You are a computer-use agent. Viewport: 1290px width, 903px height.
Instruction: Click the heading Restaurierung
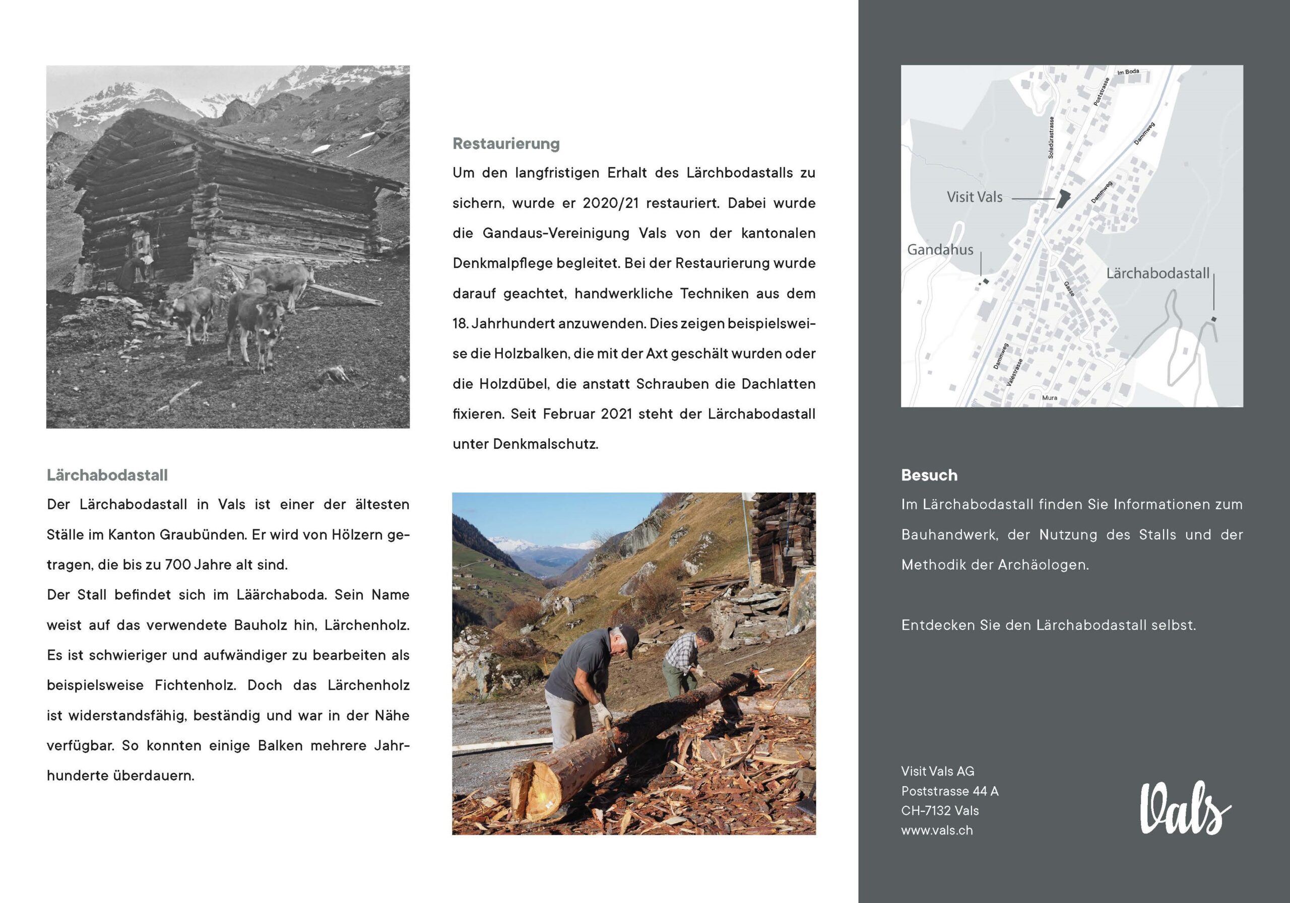coord(506,144)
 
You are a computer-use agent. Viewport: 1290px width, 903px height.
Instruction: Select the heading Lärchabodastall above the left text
coord(107,475)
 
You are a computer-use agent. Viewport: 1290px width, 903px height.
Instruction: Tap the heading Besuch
coord(929,475)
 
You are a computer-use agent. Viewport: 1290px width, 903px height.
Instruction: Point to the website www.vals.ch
coord(937,830)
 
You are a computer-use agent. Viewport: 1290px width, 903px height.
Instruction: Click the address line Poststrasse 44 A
coord(949,791)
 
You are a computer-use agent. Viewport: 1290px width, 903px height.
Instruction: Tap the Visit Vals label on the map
coord(974,197)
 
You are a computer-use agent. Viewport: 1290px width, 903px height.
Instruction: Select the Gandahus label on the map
coord(940,249)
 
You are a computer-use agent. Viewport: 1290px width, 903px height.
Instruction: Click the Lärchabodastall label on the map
coord(1157,273)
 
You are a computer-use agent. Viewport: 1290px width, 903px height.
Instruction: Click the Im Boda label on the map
coord(1128,73)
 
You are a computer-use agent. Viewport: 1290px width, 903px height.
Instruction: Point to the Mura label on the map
coord(1049,397)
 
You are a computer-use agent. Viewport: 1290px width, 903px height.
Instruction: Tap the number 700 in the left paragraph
coord(177,565)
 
